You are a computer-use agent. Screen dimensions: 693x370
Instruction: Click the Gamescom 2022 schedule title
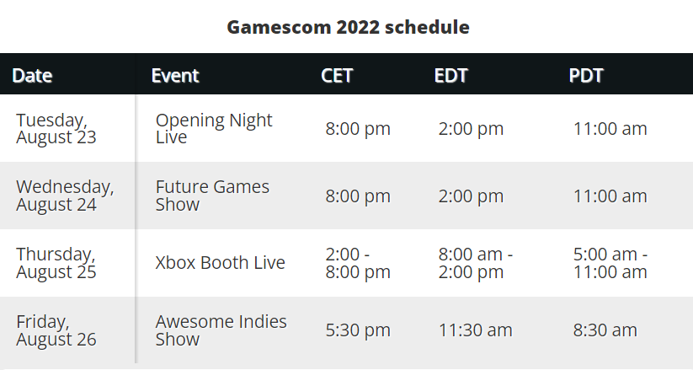coord(348,27)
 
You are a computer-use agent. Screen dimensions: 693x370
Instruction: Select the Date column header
coord(32,75)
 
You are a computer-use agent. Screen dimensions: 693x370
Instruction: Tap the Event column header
coord(175,75)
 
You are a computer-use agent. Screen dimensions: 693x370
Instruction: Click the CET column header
coord(337,75)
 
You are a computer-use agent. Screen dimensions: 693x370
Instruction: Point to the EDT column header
coord(450,75)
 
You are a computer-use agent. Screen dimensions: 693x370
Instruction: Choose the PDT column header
coord(586,75)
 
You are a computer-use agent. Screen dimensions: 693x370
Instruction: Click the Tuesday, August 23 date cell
coord(56,129)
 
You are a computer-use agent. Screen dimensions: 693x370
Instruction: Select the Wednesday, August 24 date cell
coord(65,196)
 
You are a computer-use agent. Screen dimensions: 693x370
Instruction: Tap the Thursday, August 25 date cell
coord(56,263)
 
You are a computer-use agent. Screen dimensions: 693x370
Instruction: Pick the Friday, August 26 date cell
coord(56,330)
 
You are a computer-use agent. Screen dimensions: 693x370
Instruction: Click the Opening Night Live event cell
coord(214,129)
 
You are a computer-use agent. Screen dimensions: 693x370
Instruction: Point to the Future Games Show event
coord(212,196)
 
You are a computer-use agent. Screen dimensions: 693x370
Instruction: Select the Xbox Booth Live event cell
coord(220,263)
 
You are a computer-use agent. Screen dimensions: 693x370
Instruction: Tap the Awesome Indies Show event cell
coord(221,330)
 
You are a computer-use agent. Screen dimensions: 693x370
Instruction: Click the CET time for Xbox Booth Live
coord(358,263)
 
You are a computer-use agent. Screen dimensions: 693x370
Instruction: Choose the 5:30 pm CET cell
coord(358,330)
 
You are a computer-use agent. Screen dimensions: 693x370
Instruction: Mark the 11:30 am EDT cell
coord(475,330)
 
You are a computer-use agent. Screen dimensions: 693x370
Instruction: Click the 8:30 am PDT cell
coord(605,330)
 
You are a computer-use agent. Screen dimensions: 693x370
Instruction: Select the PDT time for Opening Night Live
coord(610,129)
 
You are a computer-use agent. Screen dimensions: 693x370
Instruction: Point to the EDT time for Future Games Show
coord(471,196)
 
